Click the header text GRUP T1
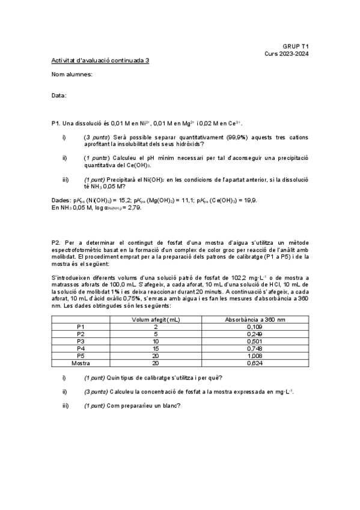click(x=296, y=46)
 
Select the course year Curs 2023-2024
click(x=287, y=53)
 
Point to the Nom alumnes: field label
click(x=72, y=74)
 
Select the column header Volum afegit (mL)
click(x=156, y=319)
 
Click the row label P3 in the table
click(x=81, y=341)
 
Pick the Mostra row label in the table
click(x=81, y=363)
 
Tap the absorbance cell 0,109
click(x=255, y=327)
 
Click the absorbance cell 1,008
click(x=255, y=356)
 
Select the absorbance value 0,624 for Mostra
click(x=255, y=363)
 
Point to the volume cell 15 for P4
click(x=156, y=348)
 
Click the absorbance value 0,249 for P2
click(x=255, y=334)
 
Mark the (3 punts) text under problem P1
click(x=96, y=138)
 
